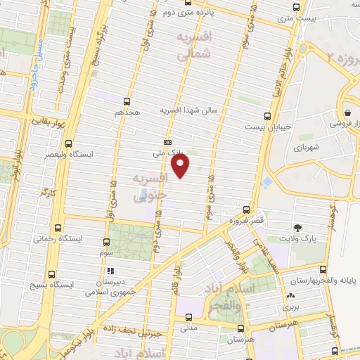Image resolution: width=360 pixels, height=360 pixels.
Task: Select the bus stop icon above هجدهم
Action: [x=127, y=101]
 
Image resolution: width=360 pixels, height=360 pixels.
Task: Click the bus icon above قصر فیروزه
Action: [x=246, y=209]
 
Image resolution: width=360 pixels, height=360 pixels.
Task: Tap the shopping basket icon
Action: [x=347, y=111]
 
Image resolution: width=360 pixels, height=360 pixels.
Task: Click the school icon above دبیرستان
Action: [x=109, y=269]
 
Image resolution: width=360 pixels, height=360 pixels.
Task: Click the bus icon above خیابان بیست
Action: [x=266, y=116]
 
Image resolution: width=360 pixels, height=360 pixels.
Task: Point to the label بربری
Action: [x=290, y=307]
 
